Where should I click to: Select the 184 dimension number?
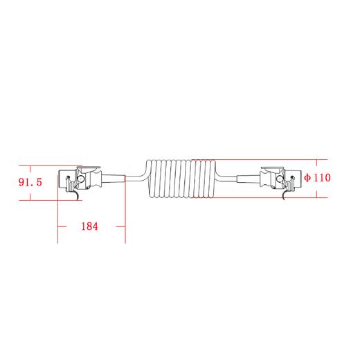89,226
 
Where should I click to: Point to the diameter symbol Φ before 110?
307,178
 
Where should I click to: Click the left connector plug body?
73,181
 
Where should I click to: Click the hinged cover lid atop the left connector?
89,168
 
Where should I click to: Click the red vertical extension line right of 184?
125,215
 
